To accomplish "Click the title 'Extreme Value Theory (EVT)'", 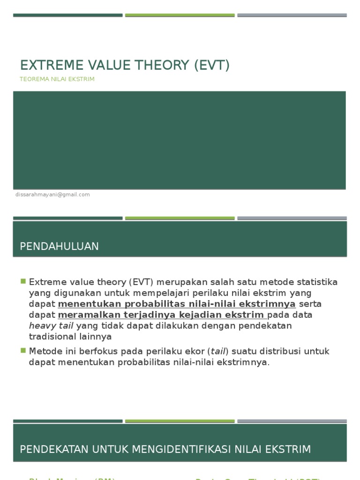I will tap(125, 65).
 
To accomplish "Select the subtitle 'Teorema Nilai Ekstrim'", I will tap(57, 79).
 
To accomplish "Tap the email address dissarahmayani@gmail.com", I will tap(52, 195).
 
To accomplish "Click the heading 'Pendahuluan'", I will tap(60, 247).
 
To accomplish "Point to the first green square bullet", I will tap(23, 281).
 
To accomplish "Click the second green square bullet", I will tap(23, 350).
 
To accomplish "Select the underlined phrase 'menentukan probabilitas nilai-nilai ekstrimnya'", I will tap(177, 304).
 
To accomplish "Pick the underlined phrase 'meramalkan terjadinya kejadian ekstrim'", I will tap(162, 315).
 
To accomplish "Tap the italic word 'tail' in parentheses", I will tap(217, 351).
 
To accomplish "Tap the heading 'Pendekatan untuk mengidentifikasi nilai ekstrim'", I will tap(165, 450).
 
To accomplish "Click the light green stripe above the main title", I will tap(180, 15).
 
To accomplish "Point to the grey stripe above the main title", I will tap(292, 15).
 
